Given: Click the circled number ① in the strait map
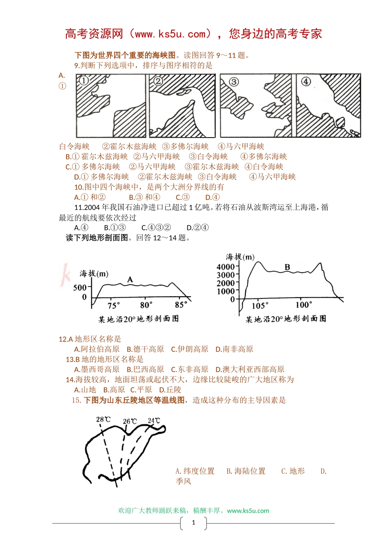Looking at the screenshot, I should click(84, 80).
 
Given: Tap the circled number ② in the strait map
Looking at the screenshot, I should click(158, 81).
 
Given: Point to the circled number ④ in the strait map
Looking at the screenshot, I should click(306, 81).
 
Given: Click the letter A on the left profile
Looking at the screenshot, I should click(130, 279).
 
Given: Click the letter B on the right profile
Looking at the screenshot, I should click(287, 267).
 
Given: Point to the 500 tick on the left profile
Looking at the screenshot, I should click(80, 288).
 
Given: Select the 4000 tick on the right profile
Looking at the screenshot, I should click(226, 267).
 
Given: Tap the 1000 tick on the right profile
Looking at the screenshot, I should click(226, 291).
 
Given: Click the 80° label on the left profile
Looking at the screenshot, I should click(146, 305).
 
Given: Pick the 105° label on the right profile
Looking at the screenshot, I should click(260, 306).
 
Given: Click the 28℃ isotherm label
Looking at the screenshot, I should click(103, 419).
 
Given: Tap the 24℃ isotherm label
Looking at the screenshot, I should click(154, 420).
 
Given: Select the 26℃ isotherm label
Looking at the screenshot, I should click(130, 421).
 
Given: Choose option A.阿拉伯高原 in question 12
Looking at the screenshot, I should click(97, 349).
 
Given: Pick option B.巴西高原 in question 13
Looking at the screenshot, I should click(145, 370).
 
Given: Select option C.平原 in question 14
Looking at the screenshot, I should click(141, 390).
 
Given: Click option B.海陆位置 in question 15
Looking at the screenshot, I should click(246, 471).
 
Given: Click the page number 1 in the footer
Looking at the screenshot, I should click(193, 523).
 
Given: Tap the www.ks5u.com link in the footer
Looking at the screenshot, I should click(248, 511).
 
